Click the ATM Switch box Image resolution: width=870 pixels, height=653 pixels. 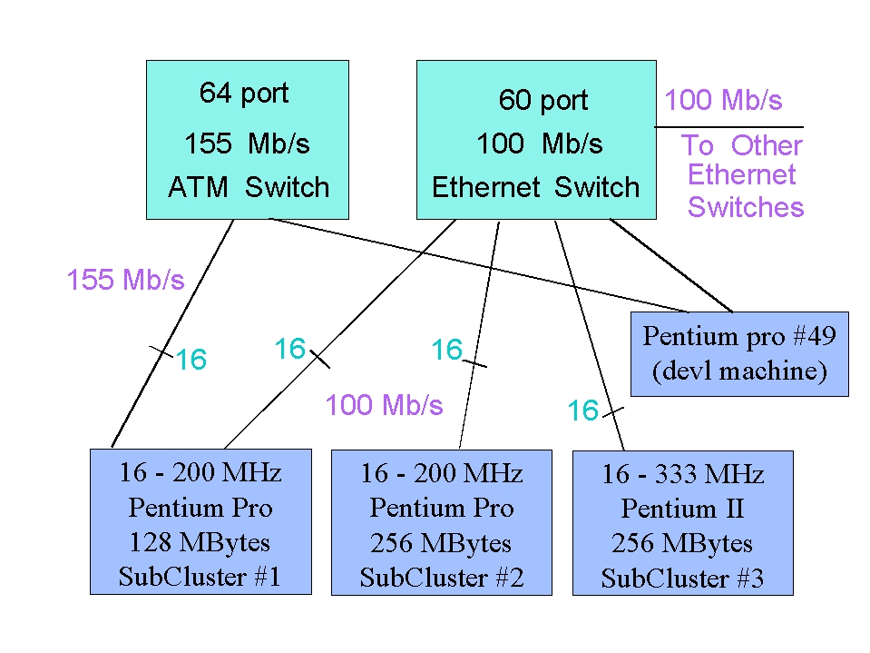pos(248,140)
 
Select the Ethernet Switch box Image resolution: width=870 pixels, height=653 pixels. pos(535,140)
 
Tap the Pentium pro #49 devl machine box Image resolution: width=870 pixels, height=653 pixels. pos(739,354)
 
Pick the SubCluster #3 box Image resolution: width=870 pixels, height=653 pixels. pos(683,524)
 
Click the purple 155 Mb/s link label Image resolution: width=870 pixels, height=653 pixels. pos(125,280)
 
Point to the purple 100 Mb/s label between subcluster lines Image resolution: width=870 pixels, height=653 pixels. pos(385,405)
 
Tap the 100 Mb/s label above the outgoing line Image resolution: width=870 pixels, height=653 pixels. pos(723,100)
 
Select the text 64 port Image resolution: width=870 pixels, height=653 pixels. pos(244,93)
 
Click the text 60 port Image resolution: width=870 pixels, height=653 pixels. pos(543,100)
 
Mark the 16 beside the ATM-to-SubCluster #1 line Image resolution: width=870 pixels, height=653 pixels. pos(191,360)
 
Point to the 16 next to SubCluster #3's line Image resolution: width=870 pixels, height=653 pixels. pos(583,411)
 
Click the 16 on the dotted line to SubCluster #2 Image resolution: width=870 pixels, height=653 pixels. pos(446,350)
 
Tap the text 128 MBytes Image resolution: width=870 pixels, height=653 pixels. pos(200,542)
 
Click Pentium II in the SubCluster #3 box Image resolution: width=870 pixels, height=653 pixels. pos(682,509)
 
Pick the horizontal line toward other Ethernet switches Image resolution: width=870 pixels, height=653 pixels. pos(730,126)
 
